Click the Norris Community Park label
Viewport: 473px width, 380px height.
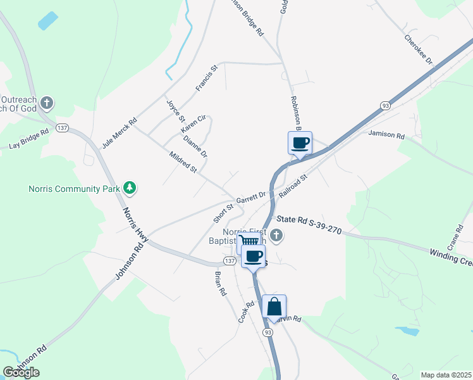point(73,189)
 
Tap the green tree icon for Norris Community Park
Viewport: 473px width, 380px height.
point(130,187)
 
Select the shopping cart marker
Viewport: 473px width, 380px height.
point(249,241)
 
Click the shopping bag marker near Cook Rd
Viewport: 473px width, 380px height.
point(274,307)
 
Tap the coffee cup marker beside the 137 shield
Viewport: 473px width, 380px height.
point(253,256)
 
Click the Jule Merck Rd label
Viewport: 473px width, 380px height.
point(120,130)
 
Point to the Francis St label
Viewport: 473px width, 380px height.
point(207,77)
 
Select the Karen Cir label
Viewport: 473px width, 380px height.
point(194,122)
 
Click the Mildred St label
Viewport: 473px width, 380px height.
point(183,162)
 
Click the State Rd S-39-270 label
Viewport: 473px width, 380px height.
point(309,225)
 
